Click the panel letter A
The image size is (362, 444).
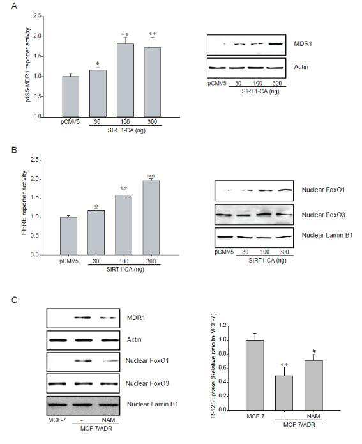pos(14,6)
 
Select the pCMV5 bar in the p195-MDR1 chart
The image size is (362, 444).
pos(71,96)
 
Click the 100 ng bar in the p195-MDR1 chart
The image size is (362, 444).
pos(125,80)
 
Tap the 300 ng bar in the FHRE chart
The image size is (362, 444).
pos(151,218)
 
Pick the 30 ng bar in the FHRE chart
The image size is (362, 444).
pos(96,233)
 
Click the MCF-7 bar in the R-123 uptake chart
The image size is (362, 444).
pos(255,375)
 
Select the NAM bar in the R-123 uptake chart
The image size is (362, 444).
pos(314,385)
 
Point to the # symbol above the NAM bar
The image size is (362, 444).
pos(315,351)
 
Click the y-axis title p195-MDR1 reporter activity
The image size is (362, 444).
pos(27,65)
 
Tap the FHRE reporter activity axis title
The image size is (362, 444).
pos(24,203)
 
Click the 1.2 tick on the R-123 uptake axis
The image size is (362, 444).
pos(222,326)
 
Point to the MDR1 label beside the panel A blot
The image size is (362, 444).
pos(303,44)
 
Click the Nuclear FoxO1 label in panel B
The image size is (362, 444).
pos(323,190)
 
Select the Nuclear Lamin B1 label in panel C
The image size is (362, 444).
pos(153,404)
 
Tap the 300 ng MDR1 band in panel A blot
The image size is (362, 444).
pos(276,44)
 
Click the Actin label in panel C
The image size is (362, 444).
pos(134,339)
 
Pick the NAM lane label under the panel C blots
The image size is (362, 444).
pos(109,420)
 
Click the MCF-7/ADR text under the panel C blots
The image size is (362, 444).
pos(96,428)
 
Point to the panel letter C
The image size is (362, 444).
pos(15,300)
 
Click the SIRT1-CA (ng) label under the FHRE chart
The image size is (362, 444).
pos(125,269)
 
